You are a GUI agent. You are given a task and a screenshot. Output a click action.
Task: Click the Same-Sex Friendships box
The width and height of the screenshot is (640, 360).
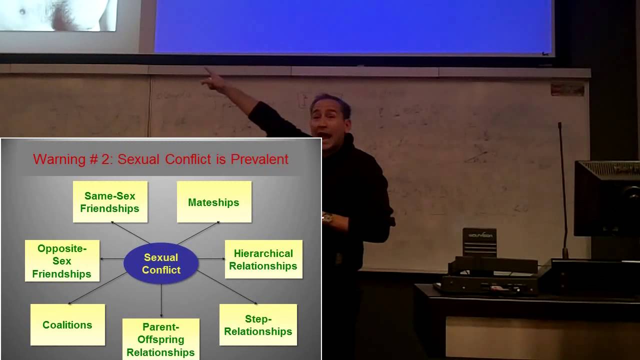[110, 202]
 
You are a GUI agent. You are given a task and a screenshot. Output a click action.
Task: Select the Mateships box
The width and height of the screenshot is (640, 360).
[214, 202]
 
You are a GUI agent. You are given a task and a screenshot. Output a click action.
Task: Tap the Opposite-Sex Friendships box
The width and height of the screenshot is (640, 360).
[62, 261]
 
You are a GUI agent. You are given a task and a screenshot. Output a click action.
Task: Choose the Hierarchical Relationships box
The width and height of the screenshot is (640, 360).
[263, 259]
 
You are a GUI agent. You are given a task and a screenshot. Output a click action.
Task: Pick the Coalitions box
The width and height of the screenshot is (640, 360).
[67, 325]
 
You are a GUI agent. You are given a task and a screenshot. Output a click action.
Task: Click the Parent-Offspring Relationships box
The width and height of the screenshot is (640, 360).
[160, 339]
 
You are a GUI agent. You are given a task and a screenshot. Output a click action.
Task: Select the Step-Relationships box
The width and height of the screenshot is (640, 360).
[258, 325]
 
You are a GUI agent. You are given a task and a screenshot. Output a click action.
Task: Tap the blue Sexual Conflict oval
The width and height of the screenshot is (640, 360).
[161, 263]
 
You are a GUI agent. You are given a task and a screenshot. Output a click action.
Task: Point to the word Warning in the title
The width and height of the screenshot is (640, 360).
[59, 159]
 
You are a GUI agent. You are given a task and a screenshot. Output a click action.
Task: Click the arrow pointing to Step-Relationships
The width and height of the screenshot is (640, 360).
[228, 287]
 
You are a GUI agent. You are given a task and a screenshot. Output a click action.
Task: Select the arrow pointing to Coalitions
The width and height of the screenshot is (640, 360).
[97, 288]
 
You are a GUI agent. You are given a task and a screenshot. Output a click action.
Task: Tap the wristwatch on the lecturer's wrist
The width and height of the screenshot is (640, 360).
[327, 217]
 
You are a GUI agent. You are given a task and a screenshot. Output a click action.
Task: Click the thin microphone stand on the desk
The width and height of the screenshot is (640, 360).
[562, 190]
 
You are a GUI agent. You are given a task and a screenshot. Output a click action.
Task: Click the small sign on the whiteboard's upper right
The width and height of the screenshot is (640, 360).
[567, 89]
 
